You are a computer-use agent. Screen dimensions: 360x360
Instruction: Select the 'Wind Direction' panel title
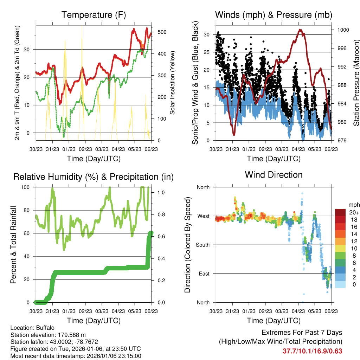pos(274,175)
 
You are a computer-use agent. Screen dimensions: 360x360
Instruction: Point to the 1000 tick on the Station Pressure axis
pos(343,30)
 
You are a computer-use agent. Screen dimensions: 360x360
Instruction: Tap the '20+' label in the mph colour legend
pos(354,212)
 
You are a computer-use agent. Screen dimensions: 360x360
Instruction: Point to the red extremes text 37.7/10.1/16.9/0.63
pos(312,351)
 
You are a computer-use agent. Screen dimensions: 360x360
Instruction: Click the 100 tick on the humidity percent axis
pos(27,187)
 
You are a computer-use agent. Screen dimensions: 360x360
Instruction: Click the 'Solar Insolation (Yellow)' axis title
pos(173,83)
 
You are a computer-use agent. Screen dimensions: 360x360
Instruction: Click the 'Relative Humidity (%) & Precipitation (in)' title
pos(93,177)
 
